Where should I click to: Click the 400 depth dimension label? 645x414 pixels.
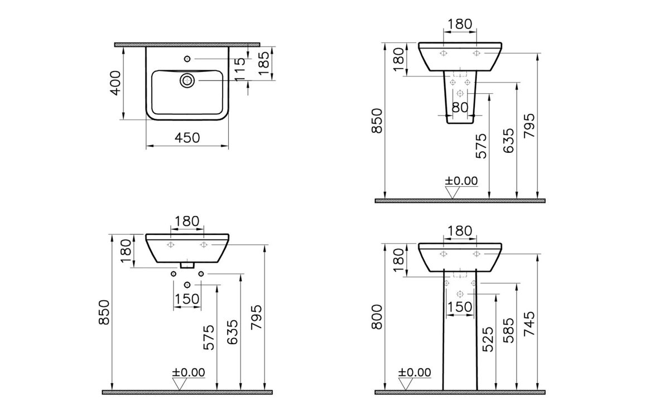[116, 83]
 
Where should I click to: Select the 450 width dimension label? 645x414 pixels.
[187, 137]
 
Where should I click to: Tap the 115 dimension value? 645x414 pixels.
[240, 69]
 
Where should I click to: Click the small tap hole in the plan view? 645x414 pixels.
[187, 59]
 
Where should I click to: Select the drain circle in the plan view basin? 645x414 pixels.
[187, 80]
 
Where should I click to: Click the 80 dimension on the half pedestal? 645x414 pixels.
[460, 108]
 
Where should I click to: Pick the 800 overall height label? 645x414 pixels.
[377, 317]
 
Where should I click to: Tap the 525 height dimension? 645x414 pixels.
[488, 339]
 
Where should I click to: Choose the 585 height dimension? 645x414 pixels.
[508, 330]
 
